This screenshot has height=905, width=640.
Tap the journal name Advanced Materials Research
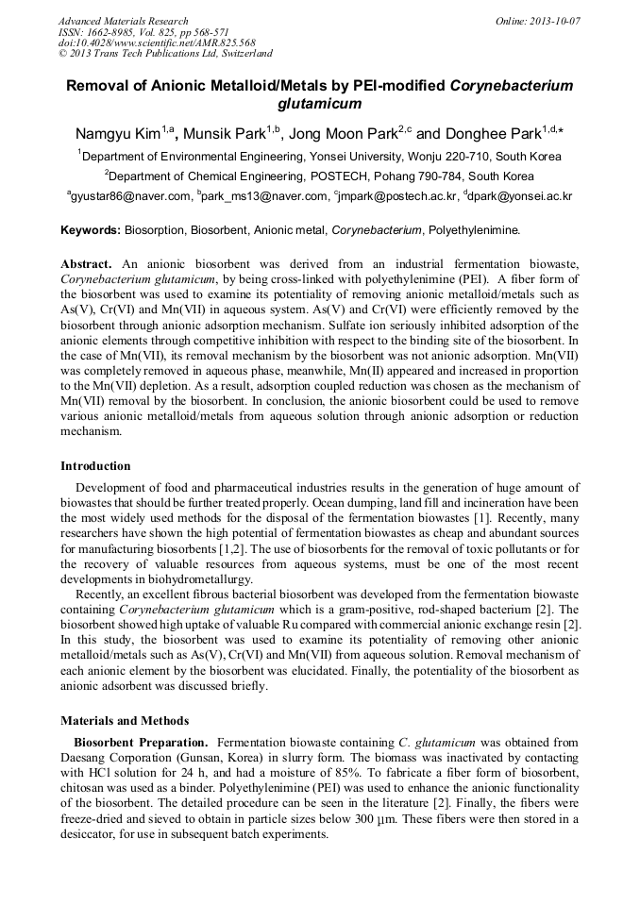(124, 20)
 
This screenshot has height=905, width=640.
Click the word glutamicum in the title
(320, 103)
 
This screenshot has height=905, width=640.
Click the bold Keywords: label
(91, 229)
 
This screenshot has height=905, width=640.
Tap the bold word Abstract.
(86, 263)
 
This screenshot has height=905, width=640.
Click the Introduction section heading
(95, 465)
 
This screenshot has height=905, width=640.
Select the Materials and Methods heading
(124, 720)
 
